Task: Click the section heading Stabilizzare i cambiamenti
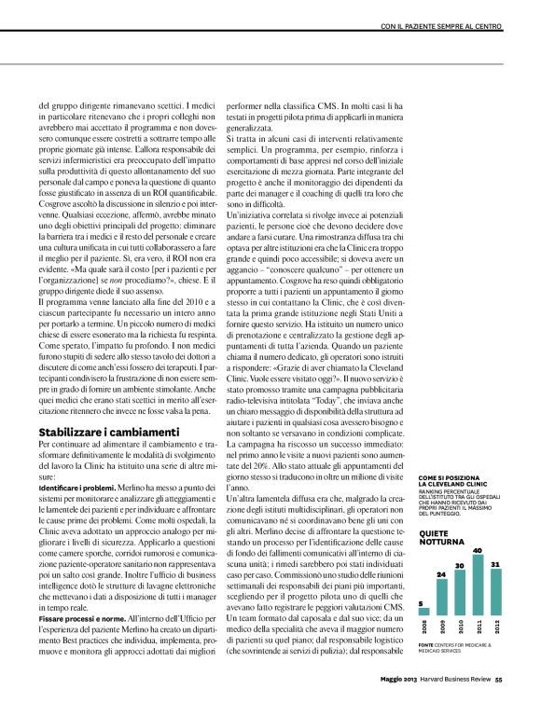108,433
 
